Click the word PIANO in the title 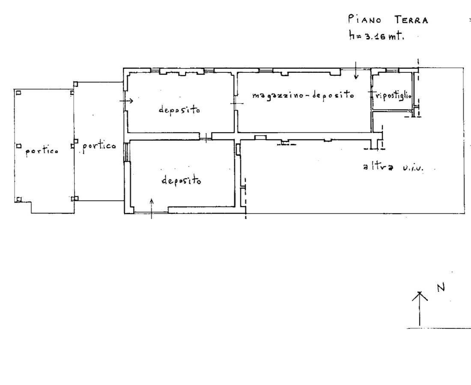[x=365, y=19]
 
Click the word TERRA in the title [x=411, y=20]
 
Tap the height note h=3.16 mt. [x=376, y=36]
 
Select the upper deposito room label [x=179, y=110]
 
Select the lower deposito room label [x=182, y=180]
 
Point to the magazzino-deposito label [x=303, y=95]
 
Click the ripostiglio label [x=393, y=96]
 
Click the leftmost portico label [x=42, y=151]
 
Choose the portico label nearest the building [x=99, y=146]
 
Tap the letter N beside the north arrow [x=441, y=288]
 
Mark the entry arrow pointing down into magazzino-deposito [x=356, y=70]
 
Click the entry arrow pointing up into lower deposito [x=152, y=209]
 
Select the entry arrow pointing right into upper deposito [x=126, y=101]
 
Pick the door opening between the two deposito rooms [x=206, y=137]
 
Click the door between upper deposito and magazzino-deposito [x=236, y=103]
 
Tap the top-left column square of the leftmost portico [x=18, y=93]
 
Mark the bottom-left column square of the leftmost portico [x=18, y=199]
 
